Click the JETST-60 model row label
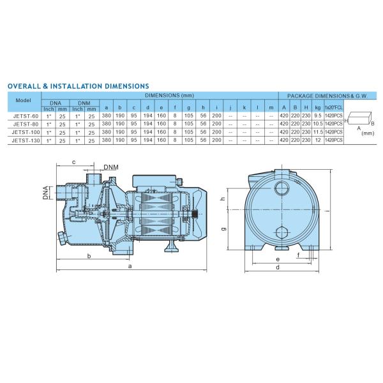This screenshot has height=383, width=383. (x=26, y=116)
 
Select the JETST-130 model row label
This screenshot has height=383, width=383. (x=26, y=140)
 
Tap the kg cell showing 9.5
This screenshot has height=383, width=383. (x=318, y=116)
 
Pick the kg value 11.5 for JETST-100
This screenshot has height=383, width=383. (x=318, y=132)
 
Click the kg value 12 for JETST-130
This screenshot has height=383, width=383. (x=318, y=140)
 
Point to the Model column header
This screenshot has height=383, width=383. (x=23, y=100)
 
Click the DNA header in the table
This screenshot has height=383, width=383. (x=56, y=103)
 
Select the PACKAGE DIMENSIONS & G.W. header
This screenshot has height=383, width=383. (x=327, y=96)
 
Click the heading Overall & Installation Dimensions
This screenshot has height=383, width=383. (x=78, y=86)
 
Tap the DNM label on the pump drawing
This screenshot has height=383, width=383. (x=111, y=167)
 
